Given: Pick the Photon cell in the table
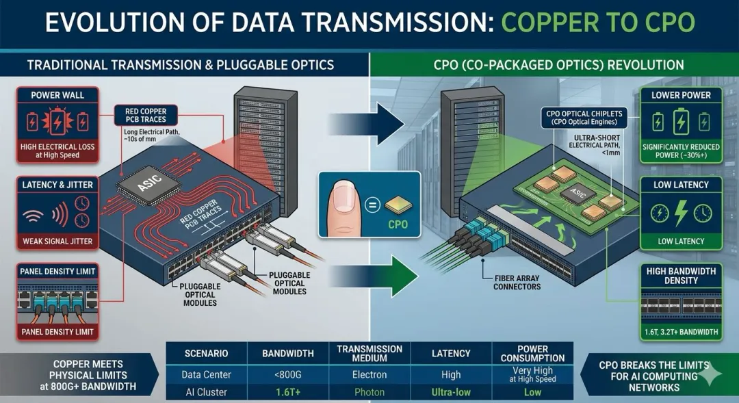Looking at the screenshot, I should [370, 392].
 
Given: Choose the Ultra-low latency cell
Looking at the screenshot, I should [451, 392].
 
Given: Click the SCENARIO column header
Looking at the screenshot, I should [206, 353].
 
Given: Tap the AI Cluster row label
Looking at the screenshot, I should [206, 392].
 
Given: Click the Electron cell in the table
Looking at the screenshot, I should [370, 375].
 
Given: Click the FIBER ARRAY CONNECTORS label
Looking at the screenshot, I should [517, 282].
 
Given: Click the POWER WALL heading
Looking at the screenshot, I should [57, 95].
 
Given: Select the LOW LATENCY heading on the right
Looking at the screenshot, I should [681, 185].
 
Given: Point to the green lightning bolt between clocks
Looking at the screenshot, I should [681, 213].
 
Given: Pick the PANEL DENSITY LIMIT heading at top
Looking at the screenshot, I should [57, 271].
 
